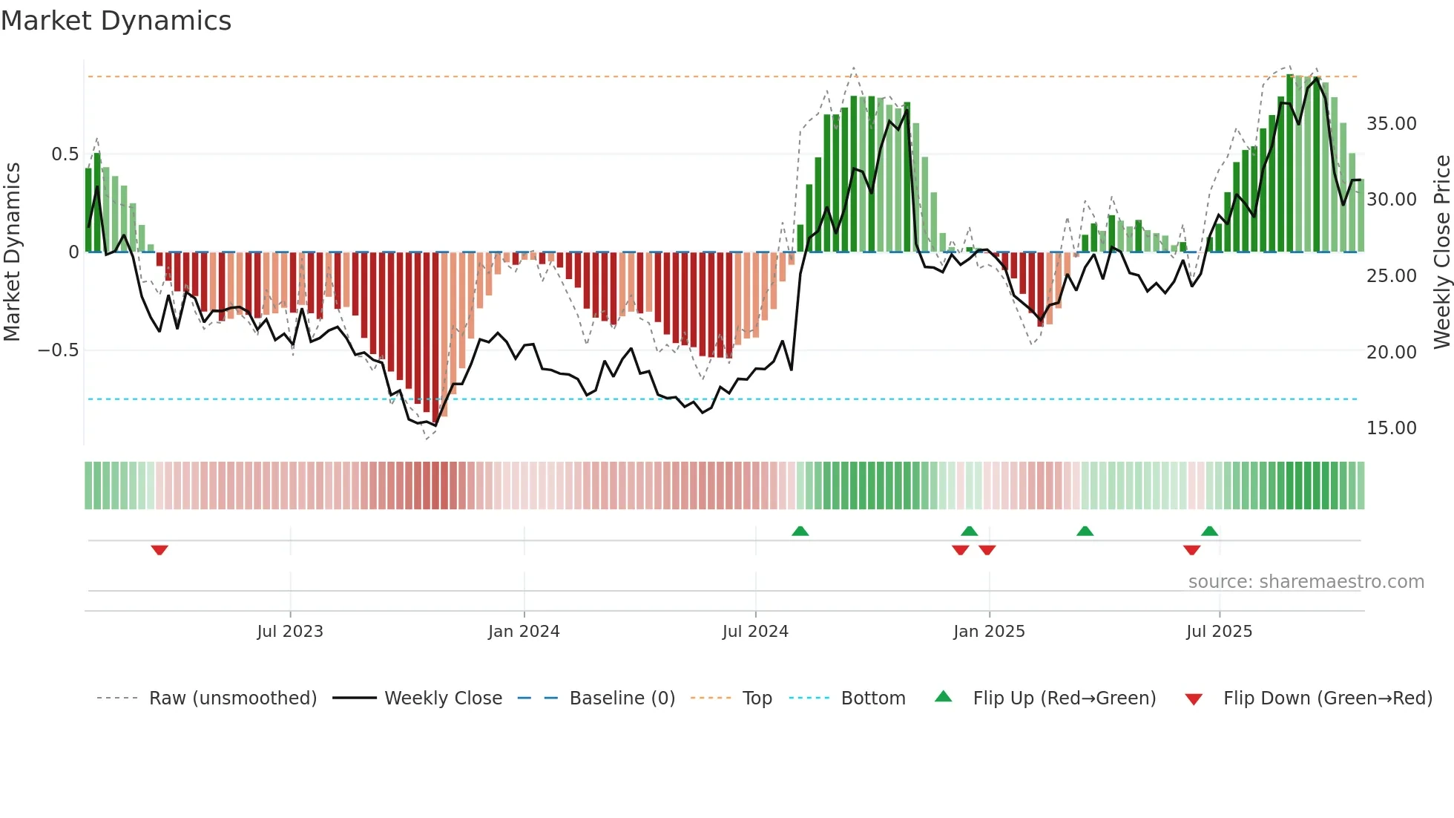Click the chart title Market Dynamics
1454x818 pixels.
pyautogui.click(x=116, y=21)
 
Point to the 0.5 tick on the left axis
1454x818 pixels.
pyautogui.click(x=65, y=154)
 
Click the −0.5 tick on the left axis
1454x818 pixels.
pyautogui.click(x=59, y=350)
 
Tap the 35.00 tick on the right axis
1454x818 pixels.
pyautogui.click(x=1391, y=124)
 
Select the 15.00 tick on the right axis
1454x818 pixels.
pyautogui.click(x=1391, y=428)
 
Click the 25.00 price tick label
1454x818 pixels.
pyautogui.click(x=1391, y=276)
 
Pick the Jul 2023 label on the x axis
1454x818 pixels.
pyautogui.click(x=290, y=632)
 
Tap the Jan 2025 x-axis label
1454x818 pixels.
pyautogui.click(x=989, y=632)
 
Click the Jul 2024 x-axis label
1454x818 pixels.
pyautogui.click(x=755, y=632)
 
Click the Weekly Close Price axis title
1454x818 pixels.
pyautogui.click(x=1441, y=252)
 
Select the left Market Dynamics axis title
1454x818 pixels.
pyautogui.click(x=12, y=252)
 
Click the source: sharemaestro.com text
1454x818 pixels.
pyautogui.click(x=1306, y=582)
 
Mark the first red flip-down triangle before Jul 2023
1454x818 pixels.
pyautogui.click(x=159, y=550)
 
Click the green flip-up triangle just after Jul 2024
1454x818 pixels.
pyautogui.click(x=800, y=531)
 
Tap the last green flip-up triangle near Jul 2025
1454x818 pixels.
pyautogui.click(x=1209, y=531)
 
